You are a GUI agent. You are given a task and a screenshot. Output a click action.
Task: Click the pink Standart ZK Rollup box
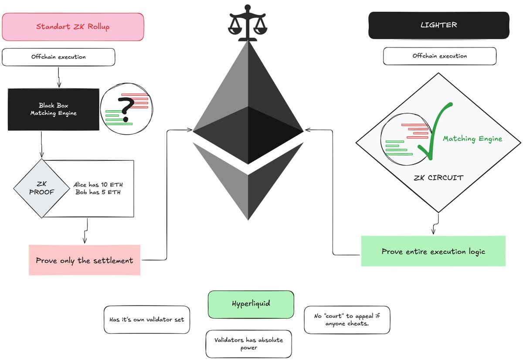73,27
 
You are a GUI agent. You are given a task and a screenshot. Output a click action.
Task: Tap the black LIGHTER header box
438,25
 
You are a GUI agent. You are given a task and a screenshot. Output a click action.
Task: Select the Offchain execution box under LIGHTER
439,56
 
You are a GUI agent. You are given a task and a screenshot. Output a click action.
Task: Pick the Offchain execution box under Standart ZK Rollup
58,57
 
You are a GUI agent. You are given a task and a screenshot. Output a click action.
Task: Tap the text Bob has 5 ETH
98,193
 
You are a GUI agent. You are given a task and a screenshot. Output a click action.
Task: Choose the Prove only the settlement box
85,260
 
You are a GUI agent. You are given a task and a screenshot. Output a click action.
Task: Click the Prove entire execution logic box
433,251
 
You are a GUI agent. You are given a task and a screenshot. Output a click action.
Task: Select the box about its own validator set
147,319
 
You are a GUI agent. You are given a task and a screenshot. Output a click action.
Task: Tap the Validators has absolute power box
248,344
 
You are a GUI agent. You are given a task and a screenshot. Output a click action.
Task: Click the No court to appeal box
346,320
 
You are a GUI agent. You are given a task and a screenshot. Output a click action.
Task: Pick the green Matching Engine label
472,139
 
